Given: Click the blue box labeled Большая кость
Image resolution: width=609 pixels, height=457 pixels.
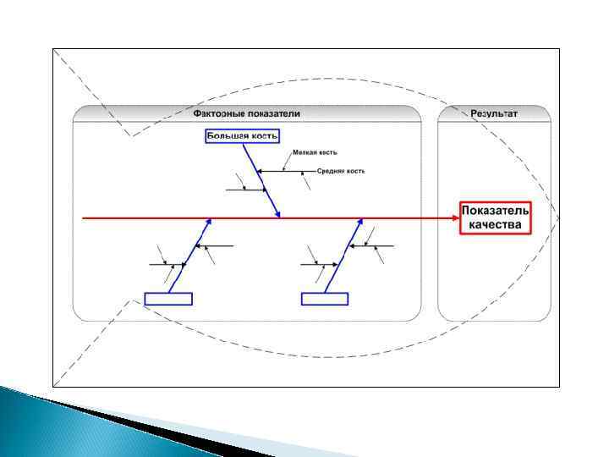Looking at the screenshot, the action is [242, 135].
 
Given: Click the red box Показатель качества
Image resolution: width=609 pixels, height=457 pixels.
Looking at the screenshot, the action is [496, 217].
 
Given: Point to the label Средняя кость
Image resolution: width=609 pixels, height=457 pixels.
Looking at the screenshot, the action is [341, 171].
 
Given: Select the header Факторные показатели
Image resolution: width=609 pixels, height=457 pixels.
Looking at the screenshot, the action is [246, 113].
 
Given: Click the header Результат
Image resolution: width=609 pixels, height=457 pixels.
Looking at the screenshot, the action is [495, 113].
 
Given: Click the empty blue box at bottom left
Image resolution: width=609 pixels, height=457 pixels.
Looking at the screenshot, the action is [168, 298].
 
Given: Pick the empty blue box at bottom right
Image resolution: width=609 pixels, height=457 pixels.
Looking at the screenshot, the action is [325, 298].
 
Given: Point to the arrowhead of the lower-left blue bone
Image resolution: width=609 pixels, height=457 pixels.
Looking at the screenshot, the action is [208, 222].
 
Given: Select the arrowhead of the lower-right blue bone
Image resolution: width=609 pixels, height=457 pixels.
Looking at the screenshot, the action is [363, 222].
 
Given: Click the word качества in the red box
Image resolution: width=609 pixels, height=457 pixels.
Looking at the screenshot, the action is [496, 225].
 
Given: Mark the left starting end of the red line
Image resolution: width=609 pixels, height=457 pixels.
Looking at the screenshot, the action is [83, 217].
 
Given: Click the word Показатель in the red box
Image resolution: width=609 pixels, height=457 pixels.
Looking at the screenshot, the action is [496, 210].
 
